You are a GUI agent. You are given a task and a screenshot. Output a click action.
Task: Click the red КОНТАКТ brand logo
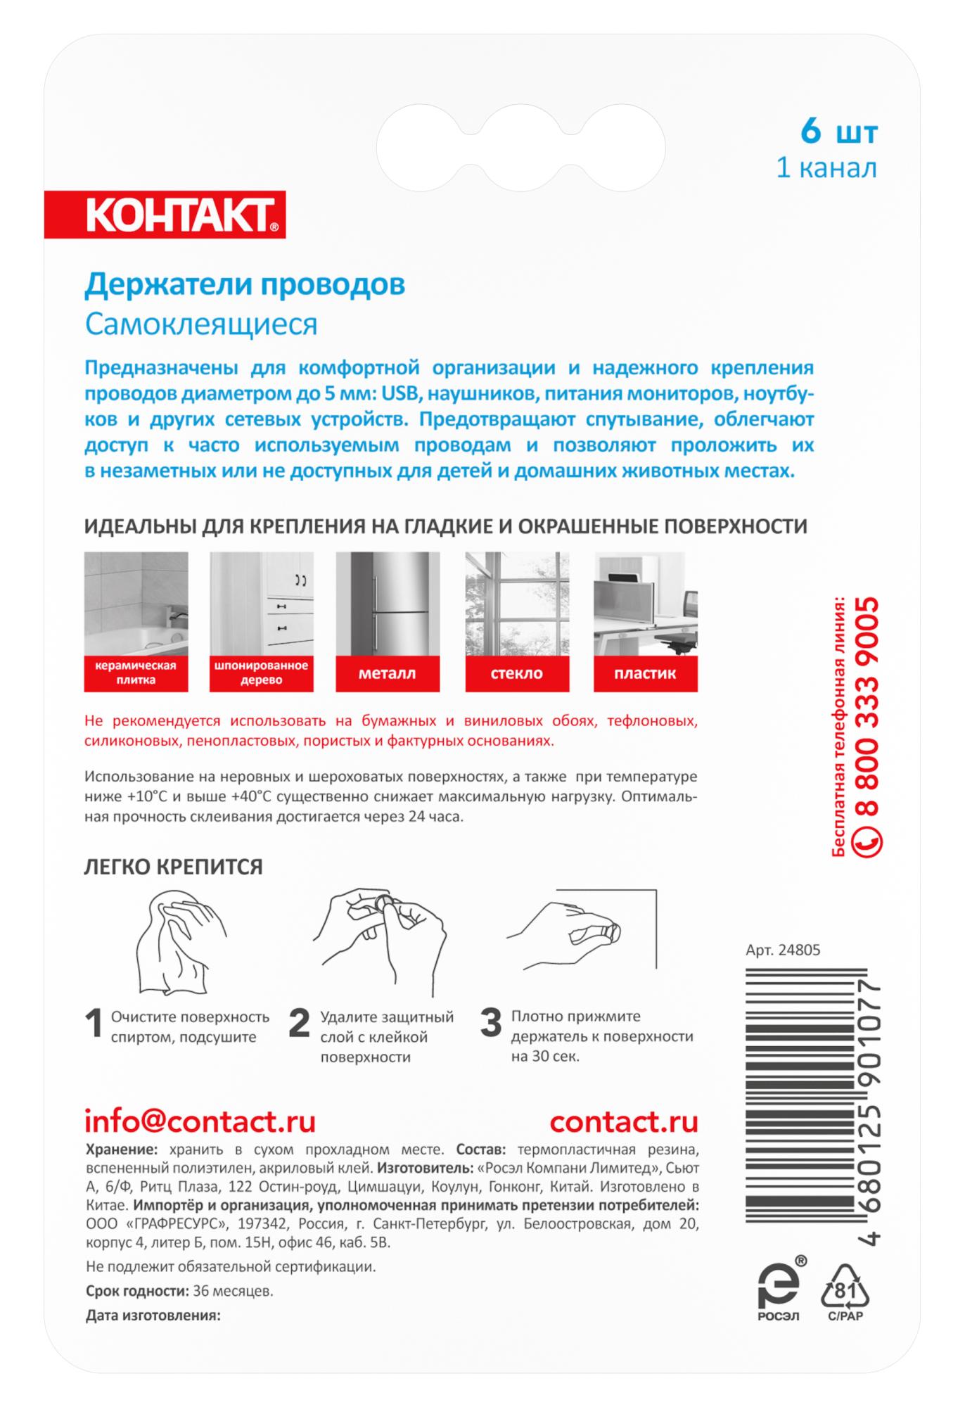click(165, 215)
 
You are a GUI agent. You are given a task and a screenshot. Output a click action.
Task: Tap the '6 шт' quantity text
click(839, 132)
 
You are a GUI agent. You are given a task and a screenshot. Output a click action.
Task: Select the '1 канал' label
click(826, 168)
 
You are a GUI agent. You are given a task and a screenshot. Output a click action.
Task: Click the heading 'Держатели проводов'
click(245, 284)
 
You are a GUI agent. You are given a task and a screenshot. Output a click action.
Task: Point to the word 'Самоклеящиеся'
click(201, 324)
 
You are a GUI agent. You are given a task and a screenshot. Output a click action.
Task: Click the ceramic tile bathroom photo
click(136, 604)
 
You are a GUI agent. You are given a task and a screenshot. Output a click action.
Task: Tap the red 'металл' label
click(388, 673)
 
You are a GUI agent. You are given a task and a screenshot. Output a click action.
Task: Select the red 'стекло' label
click(517, 673)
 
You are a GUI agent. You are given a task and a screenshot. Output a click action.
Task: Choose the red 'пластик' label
click(645, 673)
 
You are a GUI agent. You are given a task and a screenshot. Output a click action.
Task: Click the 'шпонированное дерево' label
click(261, 673)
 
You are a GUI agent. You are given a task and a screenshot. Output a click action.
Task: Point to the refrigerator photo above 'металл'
click(388, 604)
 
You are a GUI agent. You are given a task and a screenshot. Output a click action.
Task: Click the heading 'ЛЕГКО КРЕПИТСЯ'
click(173, 867)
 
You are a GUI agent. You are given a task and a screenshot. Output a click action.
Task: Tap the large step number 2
click(300, 1023)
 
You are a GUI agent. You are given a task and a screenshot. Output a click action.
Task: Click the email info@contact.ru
click(200, 1121)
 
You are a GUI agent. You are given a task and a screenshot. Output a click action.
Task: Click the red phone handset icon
click(867, 841)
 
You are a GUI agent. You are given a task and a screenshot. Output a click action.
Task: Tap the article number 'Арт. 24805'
click(783, 950)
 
